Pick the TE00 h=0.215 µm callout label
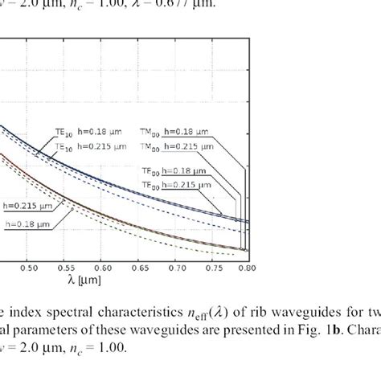[x=182, y=185]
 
